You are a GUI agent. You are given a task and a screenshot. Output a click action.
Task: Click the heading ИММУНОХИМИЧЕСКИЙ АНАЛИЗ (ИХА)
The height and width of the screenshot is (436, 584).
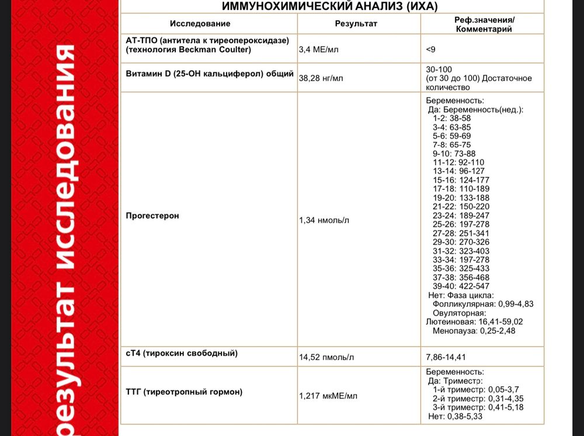tap(329, 6)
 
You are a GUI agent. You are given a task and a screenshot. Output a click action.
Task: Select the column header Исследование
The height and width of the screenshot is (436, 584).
tap(200, 24)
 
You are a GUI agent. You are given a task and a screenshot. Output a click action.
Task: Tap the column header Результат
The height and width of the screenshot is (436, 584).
tap(356, 24)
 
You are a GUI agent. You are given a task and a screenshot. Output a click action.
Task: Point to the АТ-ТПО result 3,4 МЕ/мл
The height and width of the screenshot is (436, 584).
tap(318, 50)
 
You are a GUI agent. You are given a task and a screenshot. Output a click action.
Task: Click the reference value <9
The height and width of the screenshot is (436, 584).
tap(431, 50)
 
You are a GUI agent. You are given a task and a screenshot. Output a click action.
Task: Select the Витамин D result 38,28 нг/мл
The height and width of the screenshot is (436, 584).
tap(321, 78)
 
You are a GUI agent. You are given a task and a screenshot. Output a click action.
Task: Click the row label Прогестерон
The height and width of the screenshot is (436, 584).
tap(152, 216)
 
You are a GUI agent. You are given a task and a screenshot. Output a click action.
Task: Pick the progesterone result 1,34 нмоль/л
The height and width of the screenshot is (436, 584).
tap(324, 220)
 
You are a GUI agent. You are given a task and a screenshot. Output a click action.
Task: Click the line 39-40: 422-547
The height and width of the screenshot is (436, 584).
tap(461, 286)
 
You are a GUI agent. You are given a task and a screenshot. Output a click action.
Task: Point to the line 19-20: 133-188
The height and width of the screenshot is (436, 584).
tap(461, 198)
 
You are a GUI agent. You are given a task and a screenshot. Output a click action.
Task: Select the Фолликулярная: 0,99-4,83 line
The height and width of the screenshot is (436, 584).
tap(483, 304)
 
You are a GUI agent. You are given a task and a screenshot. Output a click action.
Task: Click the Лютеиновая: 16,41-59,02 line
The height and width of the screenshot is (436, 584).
tap(474, 321)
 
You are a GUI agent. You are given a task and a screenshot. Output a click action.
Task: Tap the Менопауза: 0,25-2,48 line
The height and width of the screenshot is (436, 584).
tap(474, 331)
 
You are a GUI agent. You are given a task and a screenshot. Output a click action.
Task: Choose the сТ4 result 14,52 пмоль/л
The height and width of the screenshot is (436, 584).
tap(326, 357)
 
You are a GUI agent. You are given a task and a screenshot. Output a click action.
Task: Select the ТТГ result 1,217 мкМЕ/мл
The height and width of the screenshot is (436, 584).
tap(328, 396)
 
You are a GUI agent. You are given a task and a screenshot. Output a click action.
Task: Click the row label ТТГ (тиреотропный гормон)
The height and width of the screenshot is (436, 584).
tap(184, 392)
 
